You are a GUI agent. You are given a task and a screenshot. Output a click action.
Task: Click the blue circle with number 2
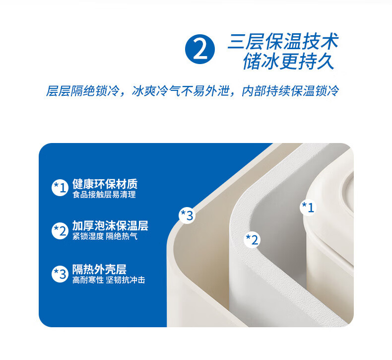pyautogui.click(x=200, y=49)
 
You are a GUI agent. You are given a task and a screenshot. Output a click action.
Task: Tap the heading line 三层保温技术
pyautogui.click(x=283, y=41)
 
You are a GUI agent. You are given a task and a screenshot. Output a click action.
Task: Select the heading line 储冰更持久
pyautogui.click(x=288, y=61)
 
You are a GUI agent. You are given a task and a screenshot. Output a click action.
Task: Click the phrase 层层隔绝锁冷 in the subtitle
pyautogui.click(x=82, y=91)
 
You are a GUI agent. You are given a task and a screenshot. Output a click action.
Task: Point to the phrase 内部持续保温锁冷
pyautogui.click(x=290, y=91)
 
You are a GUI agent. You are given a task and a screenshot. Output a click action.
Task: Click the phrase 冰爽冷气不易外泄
pyautogui.click(x=180, y=91)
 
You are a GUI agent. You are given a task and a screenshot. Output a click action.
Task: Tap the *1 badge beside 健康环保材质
pyautogui.click(x=60, y=188)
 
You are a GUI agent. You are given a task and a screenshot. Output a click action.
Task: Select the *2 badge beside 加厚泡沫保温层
pyautogui.click(x=60, y=231)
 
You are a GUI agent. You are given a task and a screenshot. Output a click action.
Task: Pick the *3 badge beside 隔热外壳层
pyautogui.click(x=60, y=274)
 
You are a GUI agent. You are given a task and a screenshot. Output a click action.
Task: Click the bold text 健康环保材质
pyautogui.click(x=105, y=184)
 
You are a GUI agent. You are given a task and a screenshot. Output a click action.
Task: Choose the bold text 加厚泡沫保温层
pyautogui.click(x=110, y=225)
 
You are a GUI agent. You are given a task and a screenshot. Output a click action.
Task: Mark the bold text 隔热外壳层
pyautogui.click(x=100, y=270)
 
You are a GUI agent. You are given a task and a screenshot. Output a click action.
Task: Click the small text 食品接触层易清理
pyautogui.click(x=104, y=195)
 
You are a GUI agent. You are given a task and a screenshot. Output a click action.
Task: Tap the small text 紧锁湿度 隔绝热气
pyautogui.click(x=105, y=236)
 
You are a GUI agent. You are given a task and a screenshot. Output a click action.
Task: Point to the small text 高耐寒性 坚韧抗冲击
pyautogui.click(x=109, y=280)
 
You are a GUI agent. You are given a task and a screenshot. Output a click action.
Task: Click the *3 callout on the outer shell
pyautogui.click(x=187, y=215)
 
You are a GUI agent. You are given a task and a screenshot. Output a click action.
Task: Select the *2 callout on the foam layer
pyautogui.click(x=252, y=240)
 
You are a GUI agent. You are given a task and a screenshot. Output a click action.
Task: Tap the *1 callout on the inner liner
pyautogui.click(x=308, y=207)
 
